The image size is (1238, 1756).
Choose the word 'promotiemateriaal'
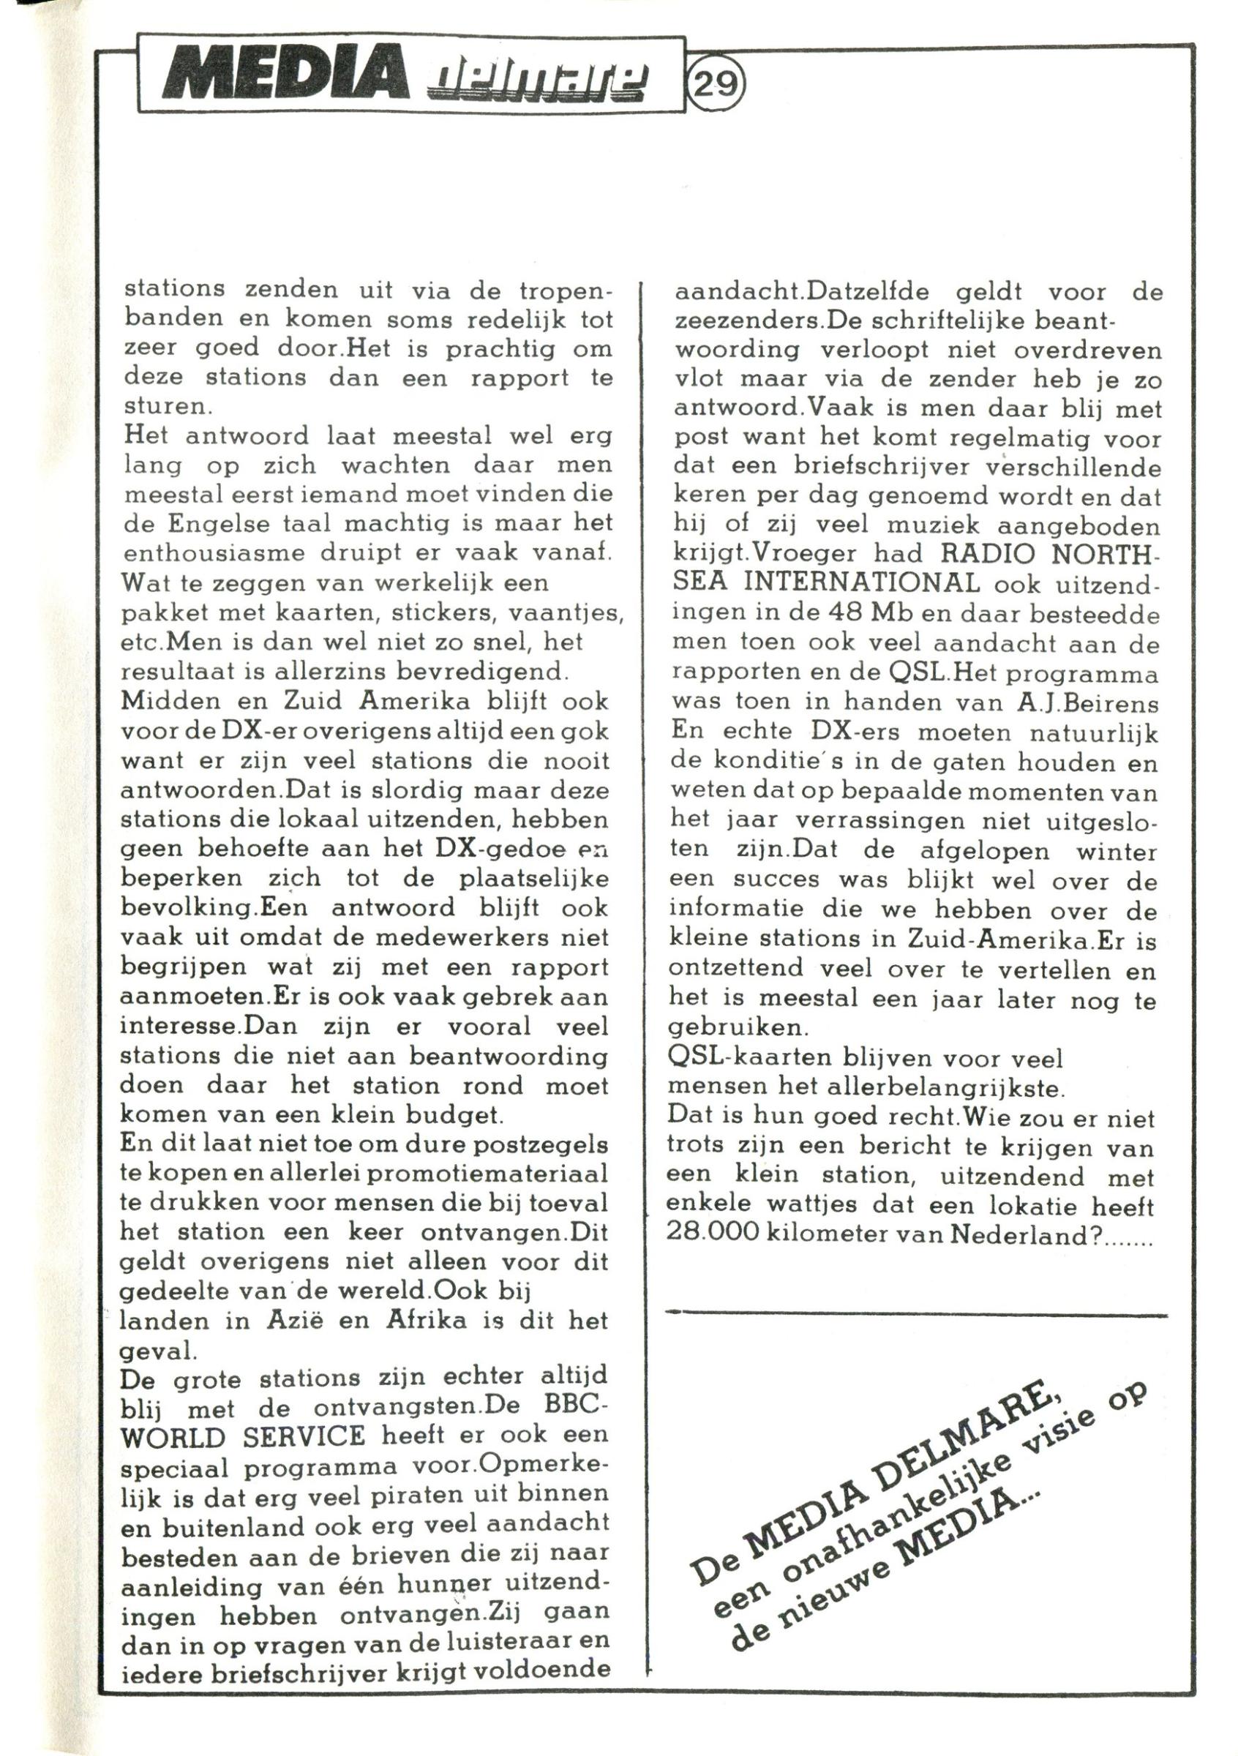[x=492, y=1174]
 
